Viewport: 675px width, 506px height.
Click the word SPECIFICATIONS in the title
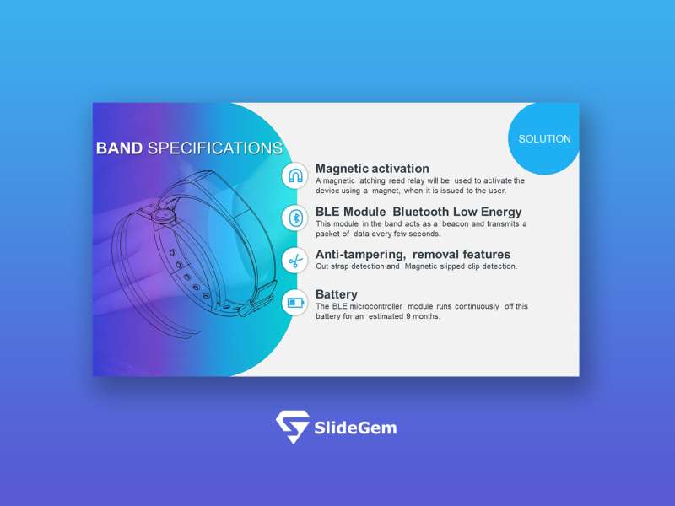[x=214, y=148]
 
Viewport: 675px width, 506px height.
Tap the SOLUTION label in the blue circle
[x=544, y=138]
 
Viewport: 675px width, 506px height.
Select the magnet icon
[x=295, y=176]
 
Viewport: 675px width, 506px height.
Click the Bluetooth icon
[x=295, y=218]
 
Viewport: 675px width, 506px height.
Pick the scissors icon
[x=295, y=261]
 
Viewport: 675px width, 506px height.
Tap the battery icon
[x=295, y=302]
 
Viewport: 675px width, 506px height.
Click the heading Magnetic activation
[x=372, y=169]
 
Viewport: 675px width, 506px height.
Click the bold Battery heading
[x=336, y=294]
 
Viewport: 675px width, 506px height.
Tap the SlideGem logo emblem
[x=292, y=427]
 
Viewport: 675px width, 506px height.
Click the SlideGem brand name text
[x=354, y=428]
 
